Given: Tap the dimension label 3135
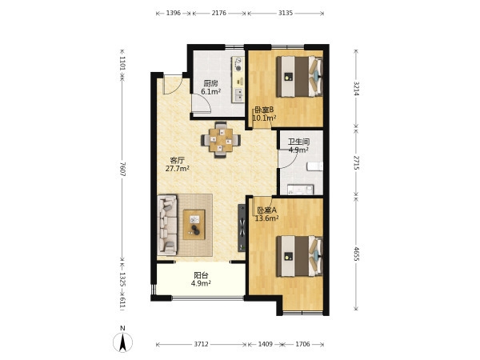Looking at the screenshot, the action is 286,13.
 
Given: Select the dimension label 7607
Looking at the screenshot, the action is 122,169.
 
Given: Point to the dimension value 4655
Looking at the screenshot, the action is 356,254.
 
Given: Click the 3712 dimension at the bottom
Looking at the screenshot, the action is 201,344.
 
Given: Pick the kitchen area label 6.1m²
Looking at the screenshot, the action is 211,91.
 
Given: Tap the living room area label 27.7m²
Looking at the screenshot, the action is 178,168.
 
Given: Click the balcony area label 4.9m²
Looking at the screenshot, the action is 201,283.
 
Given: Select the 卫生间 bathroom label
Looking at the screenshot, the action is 298,142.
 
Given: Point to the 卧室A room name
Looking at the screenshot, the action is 266,210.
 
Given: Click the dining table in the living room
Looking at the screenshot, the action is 221,140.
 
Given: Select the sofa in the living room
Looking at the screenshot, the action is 167,225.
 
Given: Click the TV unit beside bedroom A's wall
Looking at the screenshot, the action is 242,228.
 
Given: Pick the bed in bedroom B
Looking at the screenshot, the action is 299,77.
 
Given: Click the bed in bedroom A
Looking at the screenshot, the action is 299,256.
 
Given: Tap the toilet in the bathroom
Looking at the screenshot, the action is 315,166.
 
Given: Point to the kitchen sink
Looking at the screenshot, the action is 238,95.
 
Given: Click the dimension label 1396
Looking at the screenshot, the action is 174,13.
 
